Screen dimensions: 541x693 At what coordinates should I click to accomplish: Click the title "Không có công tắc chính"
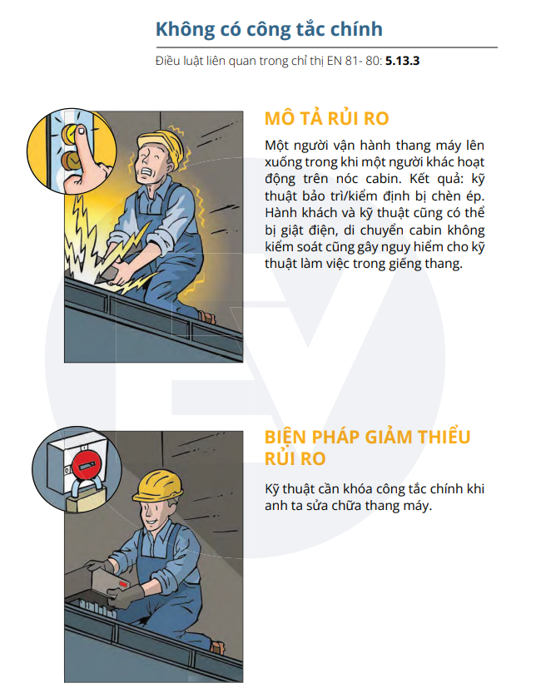tap(269, 29)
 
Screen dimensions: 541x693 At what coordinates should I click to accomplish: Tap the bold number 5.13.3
tap(402, 61)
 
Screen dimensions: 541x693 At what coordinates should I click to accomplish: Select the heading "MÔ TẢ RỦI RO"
tap(326, 118)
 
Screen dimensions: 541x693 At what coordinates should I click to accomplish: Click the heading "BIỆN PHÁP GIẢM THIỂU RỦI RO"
tap(367, 448)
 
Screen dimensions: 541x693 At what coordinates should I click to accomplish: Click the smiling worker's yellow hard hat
tap(158, 486)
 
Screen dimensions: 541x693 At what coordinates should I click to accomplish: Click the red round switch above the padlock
tap(87, 463)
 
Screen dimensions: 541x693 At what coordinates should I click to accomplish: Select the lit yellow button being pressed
tap(70, 132)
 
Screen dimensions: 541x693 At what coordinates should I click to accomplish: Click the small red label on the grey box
tap(123, 584)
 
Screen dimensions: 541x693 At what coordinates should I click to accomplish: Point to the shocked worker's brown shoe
tap(207, 317)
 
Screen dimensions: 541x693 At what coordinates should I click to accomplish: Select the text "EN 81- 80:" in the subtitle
tap(355, 61)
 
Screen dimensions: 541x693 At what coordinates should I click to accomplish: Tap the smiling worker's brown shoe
tap(217, 647)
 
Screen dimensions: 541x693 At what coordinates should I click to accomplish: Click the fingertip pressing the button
tap(81, 131)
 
